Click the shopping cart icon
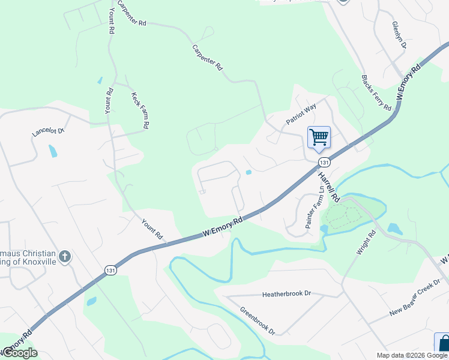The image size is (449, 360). pyautogui.click(x=319, y=137)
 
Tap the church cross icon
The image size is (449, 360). pyautogui.click(x=65, y=257)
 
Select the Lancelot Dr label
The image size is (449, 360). pyautogui.click(x=49, y=133)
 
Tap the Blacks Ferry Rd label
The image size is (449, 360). pyautogui.click(x=376, y=92)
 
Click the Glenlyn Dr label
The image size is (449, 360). pyautogui.click(x=399, y=36)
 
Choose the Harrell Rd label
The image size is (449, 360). pyautogui.click(x=329, y=186)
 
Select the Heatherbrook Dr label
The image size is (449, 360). pyautogui.click(x=286, y=294)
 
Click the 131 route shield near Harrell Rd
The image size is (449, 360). pyautogui.click(x=324, y=163)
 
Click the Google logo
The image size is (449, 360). pyautogui.click(x=20, y=353)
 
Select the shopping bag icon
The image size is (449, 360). pyautogui.click(x=443, y=343)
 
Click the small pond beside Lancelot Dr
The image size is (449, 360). pyautogui.click(x=53, y=151)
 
